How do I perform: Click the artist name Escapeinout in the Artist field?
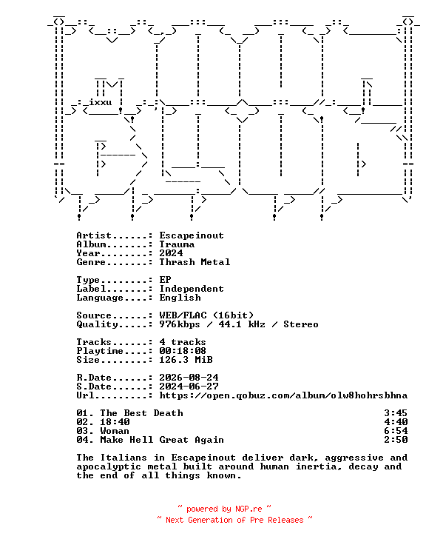192,235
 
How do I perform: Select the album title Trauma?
177,244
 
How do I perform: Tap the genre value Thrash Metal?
195,262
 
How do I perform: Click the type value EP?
165,280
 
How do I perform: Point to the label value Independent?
192,289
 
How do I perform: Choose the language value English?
180,298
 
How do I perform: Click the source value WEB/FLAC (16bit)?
206,315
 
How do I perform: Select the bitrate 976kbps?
180,324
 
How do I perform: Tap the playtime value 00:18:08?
182,351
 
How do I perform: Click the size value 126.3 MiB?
186,360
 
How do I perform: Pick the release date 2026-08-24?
189,378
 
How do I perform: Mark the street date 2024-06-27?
189,387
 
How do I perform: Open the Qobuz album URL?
283,395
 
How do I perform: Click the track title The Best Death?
141,413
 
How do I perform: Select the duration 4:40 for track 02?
396,422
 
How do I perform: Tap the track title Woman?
115,431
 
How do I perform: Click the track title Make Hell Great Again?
162,440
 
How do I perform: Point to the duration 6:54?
396,431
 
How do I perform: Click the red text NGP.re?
248,509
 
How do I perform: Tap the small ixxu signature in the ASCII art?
100,102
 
